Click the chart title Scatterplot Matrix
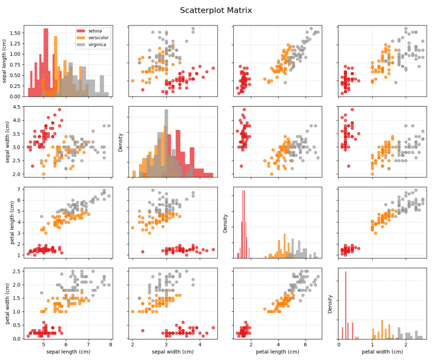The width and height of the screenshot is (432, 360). point(216,10)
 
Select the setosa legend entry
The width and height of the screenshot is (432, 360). point(94,30)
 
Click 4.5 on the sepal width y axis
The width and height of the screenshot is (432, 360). point(16,107)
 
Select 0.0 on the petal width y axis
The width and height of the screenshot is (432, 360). point(16,338)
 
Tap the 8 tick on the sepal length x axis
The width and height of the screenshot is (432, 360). point(111,345)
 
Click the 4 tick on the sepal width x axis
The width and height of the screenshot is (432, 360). point(200,345)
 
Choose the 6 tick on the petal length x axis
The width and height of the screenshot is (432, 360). point(305,345)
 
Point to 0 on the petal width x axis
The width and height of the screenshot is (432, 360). point(339,345)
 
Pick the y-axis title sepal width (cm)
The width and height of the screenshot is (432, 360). point(7,142)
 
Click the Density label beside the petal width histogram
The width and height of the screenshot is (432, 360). point(330,303)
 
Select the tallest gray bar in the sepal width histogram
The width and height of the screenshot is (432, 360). point(166,143)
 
